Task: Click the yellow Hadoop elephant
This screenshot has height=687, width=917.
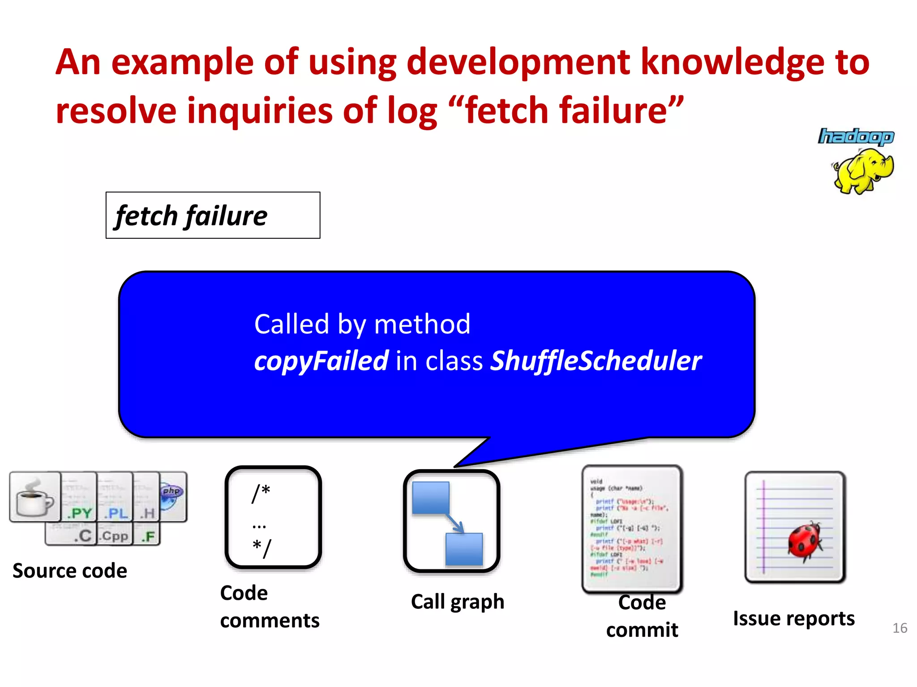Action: tap(863, 171)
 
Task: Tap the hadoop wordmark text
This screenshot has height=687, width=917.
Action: tap(856, 137)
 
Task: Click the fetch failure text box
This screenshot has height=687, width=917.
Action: tap(213, 216)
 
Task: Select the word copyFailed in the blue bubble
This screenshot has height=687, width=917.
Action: tap(321, 361)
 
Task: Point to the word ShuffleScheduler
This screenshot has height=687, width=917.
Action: tap(596, 361)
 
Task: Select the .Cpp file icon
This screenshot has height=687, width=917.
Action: tap(115, 535)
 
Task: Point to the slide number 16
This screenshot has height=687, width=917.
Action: tap(900, 628)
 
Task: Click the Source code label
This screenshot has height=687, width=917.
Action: tap(70, 571)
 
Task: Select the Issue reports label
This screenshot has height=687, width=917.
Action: tap(793, 619)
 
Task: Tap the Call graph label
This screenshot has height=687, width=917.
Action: tap(458, 602)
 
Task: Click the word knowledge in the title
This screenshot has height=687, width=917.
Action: tap(733, 63)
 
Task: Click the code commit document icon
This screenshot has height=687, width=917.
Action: tap(632, 528)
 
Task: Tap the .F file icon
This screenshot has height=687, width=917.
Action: tap(147, 535)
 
